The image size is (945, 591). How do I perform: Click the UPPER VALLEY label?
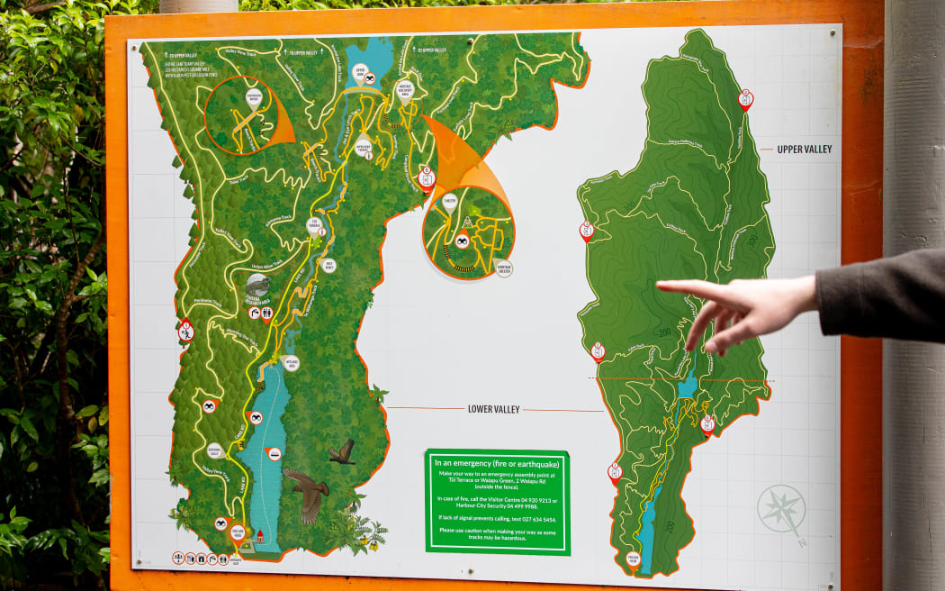click(805, 149)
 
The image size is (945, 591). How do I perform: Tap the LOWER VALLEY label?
click(493, 409)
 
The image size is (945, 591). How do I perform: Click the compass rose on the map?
click(780, 509)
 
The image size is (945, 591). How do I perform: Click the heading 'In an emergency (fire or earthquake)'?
click(497, 463)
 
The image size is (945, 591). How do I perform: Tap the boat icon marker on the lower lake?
click(275, 453)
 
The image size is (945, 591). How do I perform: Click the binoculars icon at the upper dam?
click(369, 79)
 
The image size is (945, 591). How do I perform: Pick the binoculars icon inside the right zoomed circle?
click(462, 241)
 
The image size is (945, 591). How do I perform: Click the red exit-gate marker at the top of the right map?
click(745, 98)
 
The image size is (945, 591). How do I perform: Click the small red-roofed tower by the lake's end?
click(259, 538)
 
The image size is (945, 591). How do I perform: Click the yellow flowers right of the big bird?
click(369, 541)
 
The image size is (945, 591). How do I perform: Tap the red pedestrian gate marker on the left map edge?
click(186, 330)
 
